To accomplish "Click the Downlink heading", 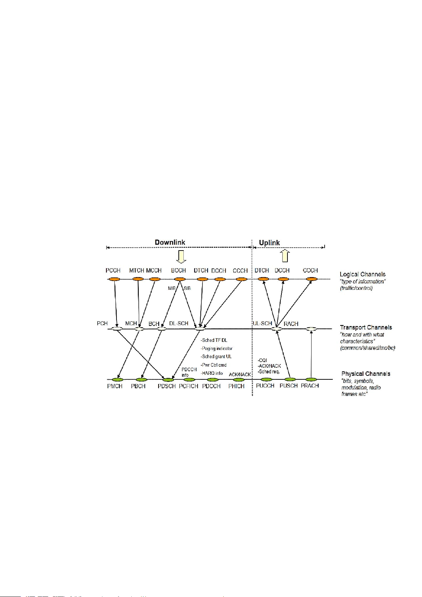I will coord(170,242).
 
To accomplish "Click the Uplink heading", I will coord(269,243).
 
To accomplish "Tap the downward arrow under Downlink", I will coord(181,257).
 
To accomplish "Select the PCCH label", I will coord(113,270).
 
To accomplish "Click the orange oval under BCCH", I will coord(180,279).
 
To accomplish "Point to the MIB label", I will coord(172,288).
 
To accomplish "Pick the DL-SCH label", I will coord(179,323).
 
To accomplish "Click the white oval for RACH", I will coord(311,329).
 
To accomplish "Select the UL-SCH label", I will coord(262,323).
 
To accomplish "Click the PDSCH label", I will coord(167,386).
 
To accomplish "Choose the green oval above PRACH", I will coord(311,380).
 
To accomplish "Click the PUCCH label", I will coord(265,386).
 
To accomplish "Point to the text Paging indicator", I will coord(217,349).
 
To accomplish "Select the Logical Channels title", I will coord(363,274).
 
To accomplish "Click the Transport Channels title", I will coord(366,327).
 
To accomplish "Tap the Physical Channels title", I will coord(366,374).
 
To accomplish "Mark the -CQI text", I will coord(262,360).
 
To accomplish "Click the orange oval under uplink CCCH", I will coord(312,279).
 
